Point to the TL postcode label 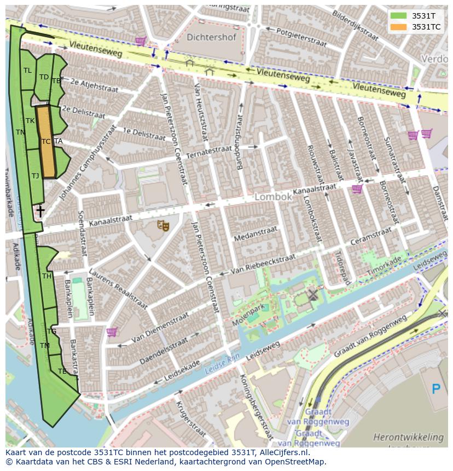point(27,71)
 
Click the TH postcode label point(47,276)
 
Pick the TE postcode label point(62,371)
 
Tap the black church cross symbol point(40,210)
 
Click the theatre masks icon point(163,225)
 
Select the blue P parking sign point(436,389)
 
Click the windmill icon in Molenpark point(312,295)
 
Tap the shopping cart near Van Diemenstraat point(112,332)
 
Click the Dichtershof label point(211,38)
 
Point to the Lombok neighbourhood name point(274,197)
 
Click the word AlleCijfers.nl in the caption point(283,453)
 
